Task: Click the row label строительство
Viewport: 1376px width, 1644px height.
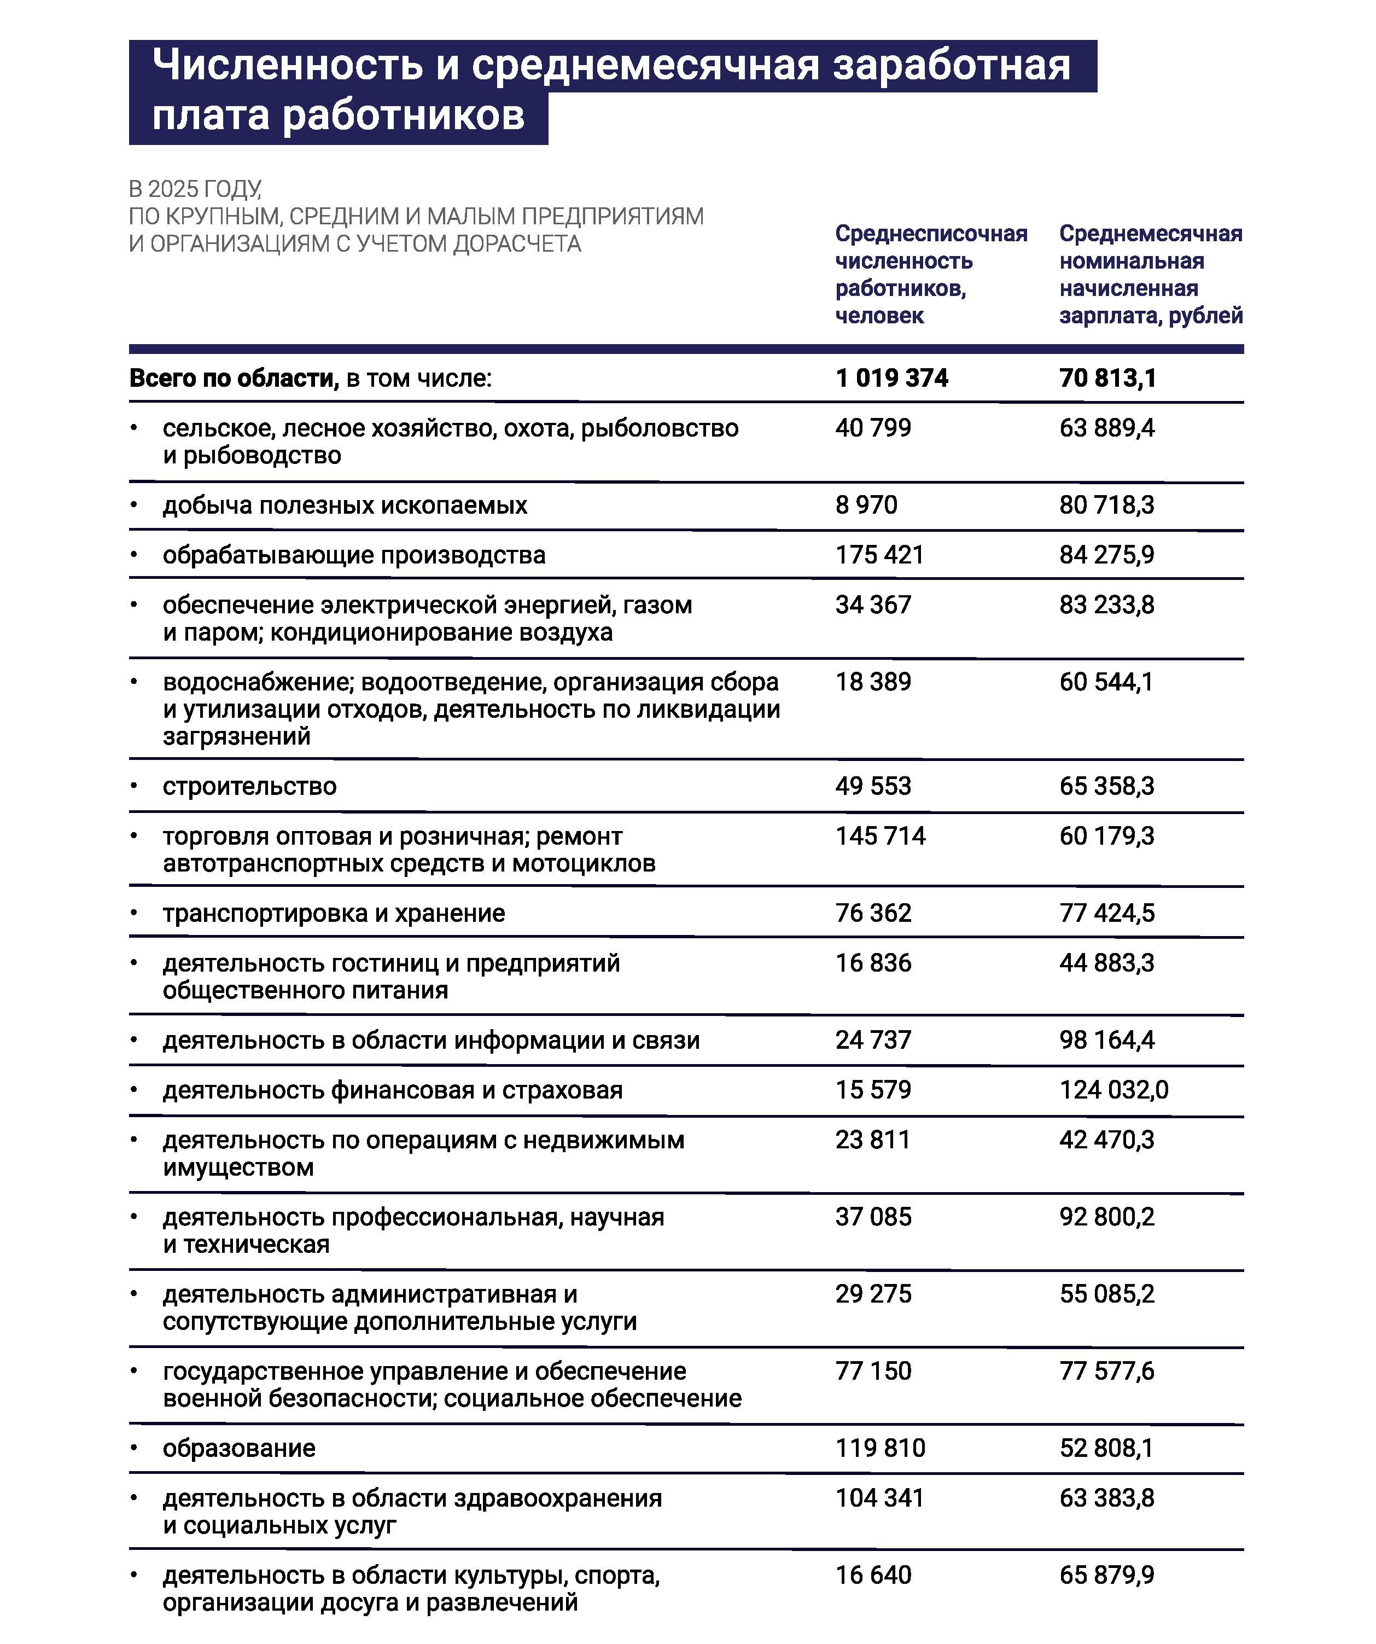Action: point(250,786)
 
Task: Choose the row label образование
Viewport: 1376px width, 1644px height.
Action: point(239,1448)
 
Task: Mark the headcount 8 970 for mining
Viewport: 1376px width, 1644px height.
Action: point(866,505)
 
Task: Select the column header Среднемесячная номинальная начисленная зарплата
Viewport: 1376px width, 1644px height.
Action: point(1151,274)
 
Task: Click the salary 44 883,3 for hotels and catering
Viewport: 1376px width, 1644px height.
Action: point(1107,963)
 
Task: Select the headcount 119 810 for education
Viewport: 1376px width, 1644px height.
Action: point(880,1448)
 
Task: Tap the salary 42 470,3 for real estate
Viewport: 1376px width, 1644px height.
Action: point(1107,1139)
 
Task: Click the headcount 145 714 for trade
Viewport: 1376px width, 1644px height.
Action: point(880,836)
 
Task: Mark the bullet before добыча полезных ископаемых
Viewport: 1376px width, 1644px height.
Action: point(134,504)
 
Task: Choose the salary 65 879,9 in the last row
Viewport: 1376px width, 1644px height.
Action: point(1107,1575)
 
